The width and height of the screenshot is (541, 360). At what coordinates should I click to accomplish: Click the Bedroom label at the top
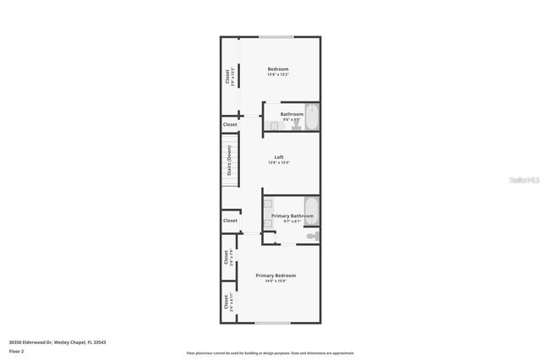click(278, 68)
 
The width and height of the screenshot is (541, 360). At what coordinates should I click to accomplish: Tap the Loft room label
click(278, 157)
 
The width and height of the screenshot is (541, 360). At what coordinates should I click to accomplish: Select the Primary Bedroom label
click(276, 275)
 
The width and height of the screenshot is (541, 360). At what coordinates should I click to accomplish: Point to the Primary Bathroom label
click(292, 215)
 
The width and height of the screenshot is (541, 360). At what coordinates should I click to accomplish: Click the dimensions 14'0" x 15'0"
click(276, 281)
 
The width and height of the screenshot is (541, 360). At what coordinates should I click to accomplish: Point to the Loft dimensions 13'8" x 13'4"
click(278, 163)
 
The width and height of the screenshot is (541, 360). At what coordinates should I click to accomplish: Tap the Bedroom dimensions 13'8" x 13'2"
click(278, 74)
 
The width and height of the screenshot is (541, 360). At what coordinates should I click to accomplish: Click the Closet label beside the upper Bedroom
click(228, 76)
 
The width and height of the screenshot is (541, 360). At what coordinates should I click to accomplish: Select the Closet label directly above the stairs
click(230, 124)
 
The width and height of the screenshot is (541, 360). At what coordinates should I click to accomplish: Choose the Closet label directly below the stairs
click(230, 221)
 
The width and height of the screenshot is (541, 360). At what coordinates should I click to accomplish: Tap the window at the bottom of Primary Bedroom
click(272, 323)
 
